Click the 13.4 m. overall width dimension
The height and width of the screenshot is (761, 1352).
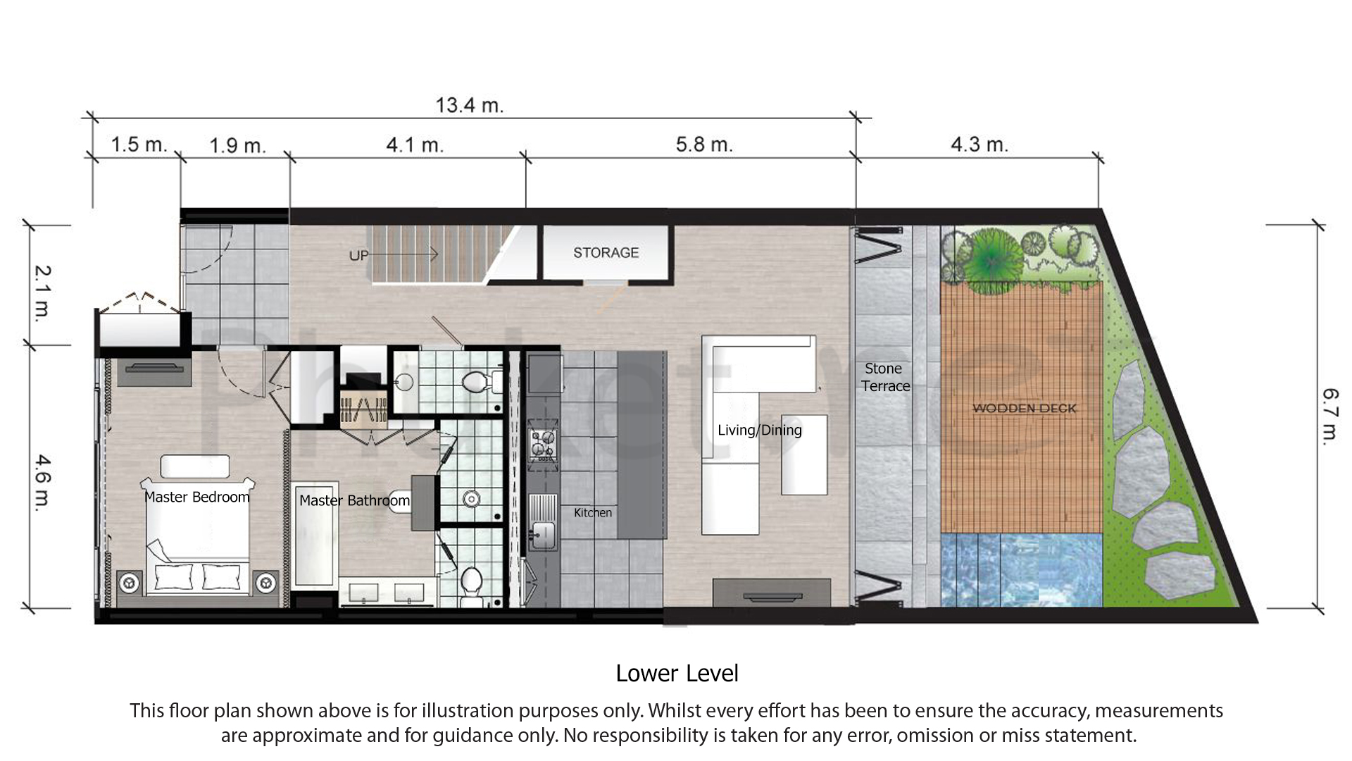pyautogui.click(x=469, y=106)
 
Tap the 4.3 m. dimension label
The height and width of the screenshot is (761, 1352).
pyautogui.click(x=979, y=145)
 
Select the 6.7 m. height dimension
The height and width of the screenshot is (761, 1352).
pyautogui.click(x=1329, y=416)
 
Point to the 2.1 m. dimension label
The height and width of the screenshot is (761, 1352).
pyautogui.click(x=43, y=292)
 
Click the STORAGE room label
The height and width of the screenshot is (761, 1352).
pyautogui.click(x=606, y=253)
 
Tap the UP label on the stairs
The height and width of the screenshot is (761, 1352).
pyautogui.click(x=358, y=256)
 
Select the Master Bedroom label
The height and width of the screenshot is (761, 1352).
pyautogui.click(x=196, y=497)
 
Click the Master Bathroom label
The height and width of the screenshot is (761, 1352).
pyautogui.click(x=354, y=501)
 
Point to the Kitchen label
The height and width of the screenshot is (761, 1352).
pyautogui.click(x=592, y=513)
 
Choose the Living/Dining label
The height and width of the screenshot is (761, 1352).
pyautogui.click(x=759, y=431)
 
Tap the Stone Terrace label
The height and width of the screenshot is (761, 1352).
pyautogui.click(x=885, y=378)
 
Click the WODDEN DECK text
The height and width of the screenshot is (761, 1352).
pyautogui.click(x=1024, y=409)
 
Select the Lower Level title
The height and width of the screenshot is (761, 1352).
pyautogui.click(x=677, y=674)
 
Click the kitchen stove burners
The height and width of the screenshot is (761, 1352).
pyautogui.click(x=543, y=443)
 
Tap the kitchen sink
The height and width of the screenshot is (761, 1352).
pyautogui.click(x=543, y=534)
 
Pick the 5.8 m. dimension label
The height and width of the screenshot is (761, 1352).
pyautogui.click(x=704, y=145)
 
